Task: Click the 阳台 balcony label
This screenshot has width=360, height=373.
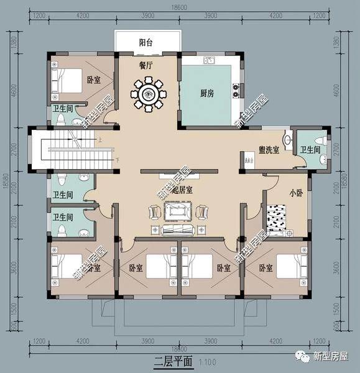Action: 146,43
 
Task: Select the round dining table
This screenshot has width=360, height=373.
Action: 149,94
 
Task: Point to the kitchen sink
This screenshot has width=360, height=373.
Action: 210,61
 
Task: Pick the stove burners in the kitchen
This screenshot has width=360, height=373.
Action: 236,91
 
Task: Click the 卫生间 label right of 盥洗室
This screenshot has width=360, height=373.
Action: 310,150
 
